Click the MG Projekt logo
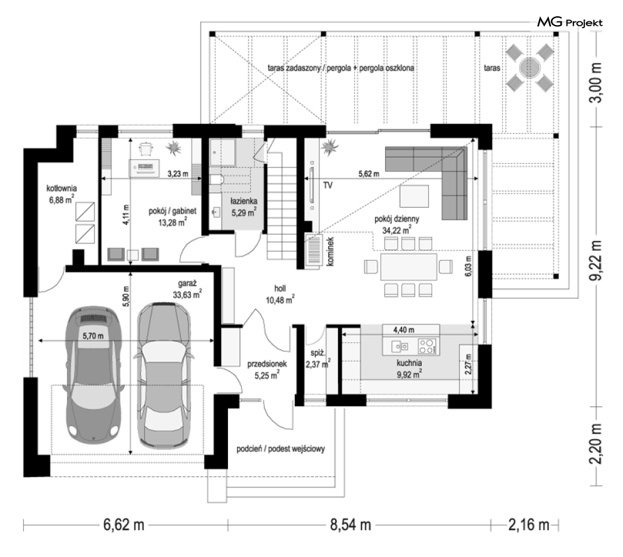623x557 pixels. [570, 23]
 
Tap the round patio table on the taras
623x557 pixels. [529, 67]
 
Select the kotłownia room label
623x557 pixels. [61, 194]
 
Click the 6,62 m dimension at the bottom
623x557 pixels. [123, 525]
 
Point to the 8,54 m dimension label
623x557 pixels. [351, 525]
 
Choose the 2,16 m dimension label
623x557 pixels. [528, 525]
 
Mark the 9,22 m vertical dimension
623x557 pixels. [595, 260]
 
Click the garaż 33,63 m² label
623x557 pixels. [187, 289]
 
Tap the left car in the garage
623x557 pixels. [93, 374]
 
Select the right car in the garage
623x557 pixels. [163, 375]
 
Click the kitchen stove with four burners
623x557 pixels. [428, 346]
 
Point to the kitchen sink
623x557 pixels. [399, 347]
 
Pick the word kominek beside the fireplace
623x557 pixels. [331, 252]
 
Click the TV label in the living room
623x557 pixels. [328, 185]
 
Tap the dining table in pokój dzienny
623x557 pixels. [408, 267]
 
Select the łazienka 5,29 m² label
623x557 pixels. [244, 207]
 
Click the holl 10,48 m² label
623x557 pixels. [280, 295]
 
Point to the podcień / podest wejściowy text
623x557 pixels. [281, 449]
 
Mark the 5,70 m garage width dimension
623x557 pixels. [93, 336]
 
